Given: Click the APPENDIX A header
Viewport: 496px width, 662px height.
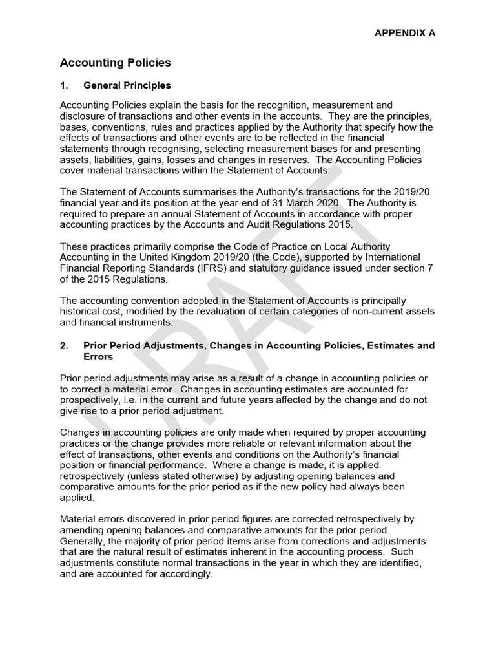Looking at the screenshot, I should point(406,33).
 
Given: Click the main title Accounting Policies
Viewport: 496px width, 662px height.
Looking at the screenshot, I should point(115,63).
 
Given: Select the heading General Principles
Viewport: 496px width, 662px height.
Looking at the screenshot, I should point(127,85).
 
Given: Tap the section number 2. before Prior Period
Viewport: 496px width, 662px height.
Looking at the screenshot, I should point(64,346).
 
